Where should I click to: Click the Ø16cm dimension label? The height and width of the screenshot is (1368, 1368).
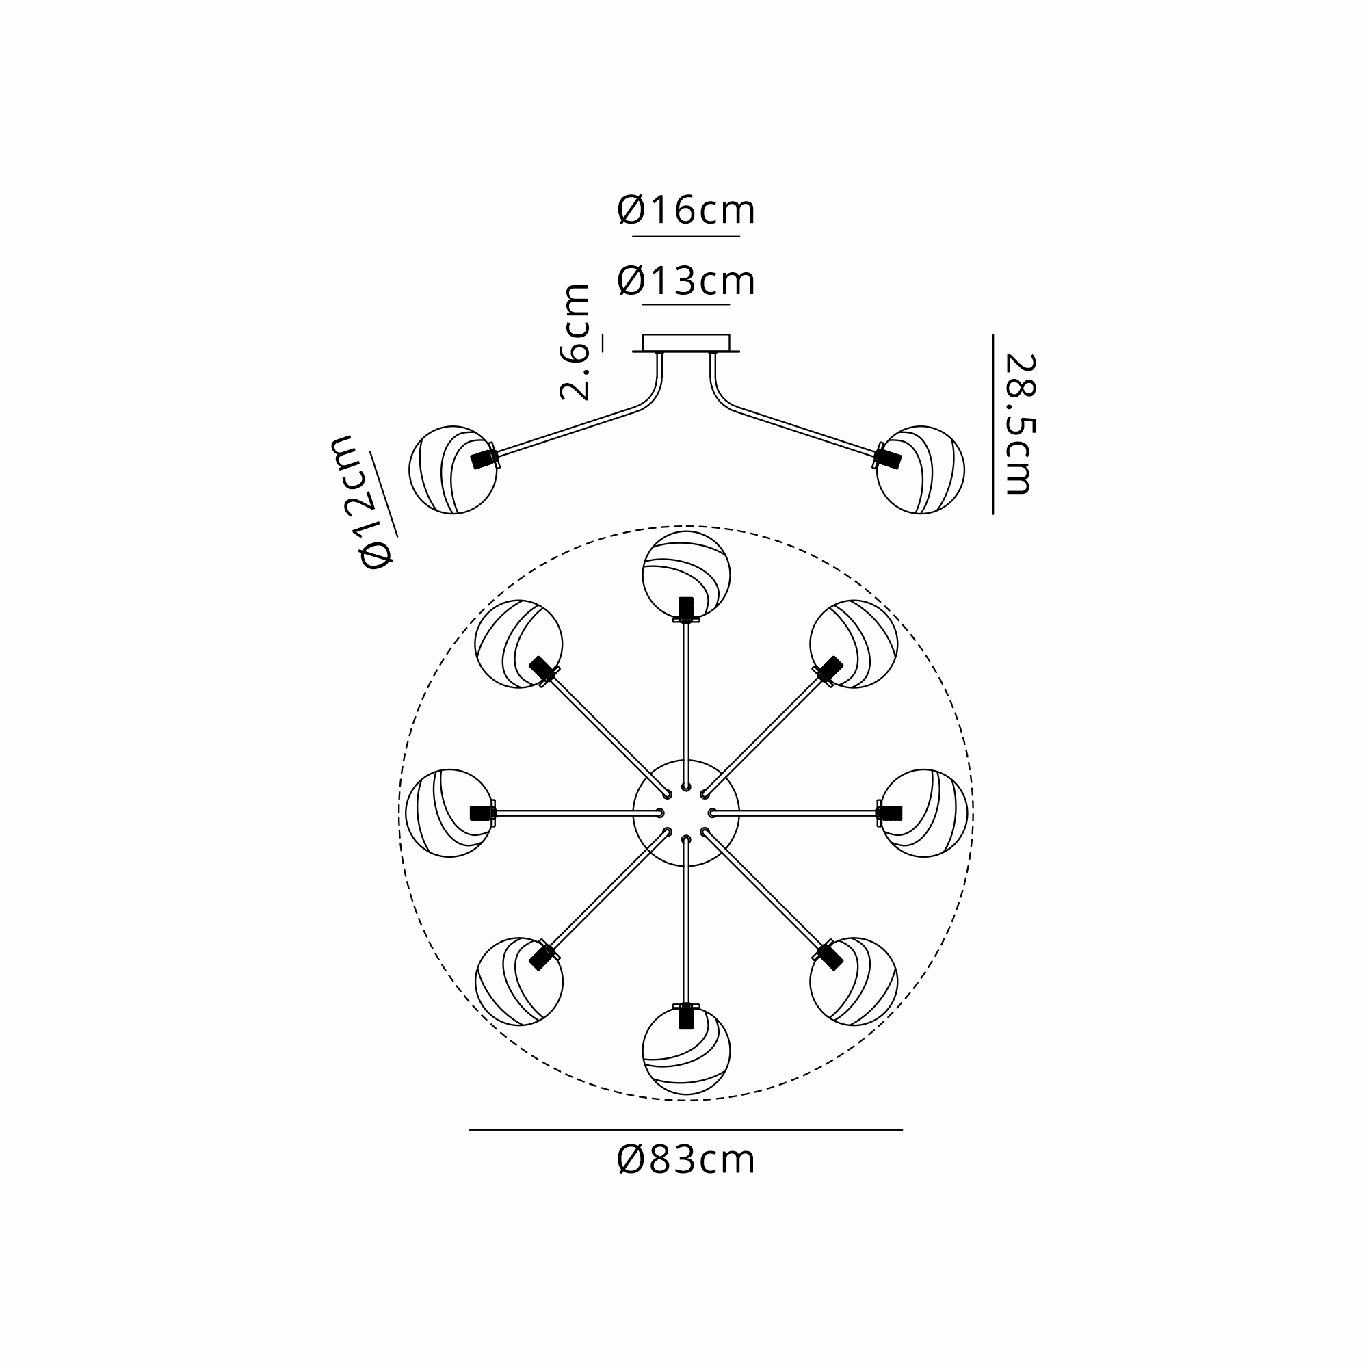685,210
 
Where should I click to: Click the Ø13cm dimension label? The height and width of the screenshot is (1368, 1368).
685,281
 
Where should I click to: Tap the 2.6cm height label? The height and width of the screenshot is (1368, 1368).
575,342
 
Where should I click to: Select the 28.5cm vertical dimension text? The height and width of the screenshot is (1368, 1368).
1021,423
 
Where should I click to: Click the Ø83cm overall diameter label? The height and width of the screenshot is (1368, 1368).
685,1160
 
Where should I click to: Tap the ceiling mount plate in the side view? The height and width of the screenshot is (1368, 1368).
685,343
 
